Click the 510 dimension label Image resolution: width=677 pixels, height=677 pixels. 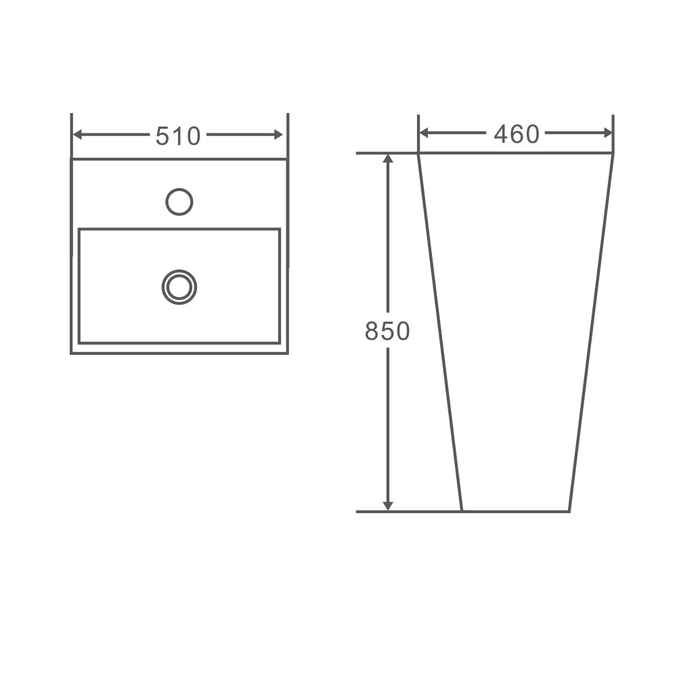coord(178,136)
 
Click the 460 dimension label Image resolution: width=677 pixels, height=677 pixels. coord(516,135)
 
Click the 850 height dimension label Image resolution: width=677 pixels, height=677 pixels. coord(387,331)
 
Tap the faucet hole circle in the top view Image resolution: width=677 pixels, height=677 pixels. coord(179,202)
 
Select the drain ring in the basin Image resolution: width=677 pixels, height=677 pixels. coord(179,286)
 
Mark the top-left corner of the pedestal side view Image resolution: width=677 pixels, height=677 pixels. coord(419,154)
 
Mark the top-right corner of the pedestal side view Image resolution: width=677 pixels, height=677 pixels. coord(613,154)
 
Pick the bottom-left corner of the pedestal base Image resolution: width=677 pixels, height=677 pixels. coord(462,510)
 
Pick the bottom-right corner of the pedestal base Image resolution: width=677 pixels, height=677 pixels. coord(569,510)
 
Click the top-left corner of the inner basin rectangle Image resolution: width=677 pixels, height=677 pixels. coord(79,230)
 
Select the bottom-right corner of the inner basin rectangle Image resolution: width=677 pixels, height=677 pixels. coord(279,343)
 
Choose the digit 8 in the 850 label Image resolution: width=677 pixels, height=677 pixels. coord(372,331)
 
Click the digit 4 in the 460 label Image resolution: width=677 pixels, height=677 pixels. coord(501,135)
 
